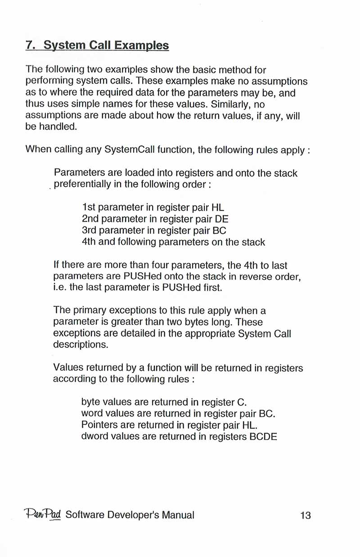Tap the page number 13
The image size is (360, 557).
305,516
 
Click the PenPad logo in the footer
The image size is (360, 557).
42,515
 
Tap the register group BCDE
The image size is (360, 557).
263,436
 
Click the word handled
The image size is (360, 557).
58,128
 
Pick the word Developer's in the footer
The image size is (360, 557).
131,516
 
